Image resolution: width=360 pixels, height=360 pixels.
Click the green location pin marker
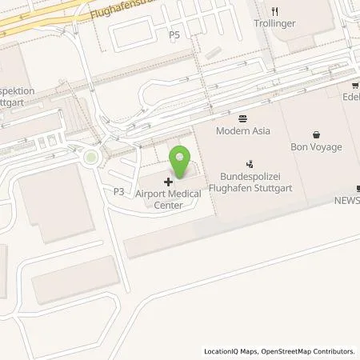(180, 163)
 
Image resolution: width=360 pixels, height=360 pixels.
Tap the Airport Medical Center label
(170, 199)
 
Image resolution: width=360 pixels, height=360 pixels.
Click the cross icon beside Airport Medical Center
(168, 182)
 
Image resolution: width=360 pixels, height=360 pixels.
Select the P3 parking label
(118, 192)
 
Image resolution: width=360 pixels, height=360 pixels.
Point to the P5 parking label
(174, 35)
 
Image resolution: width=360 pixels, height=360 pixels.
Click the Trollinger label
(275, 24)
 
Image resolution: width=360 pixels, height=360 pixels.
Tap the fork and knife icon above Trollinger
(275, 11)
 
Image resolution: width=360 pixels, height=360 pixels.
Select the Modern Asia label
(243, 131)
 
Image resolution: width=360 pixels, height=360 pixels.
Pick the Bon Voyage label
(315, 147)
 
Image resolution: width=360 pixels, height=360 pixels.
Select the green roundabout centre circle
(92, 158)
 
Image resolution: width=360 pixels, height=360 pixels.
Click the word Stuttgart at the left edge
(17, 102)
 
